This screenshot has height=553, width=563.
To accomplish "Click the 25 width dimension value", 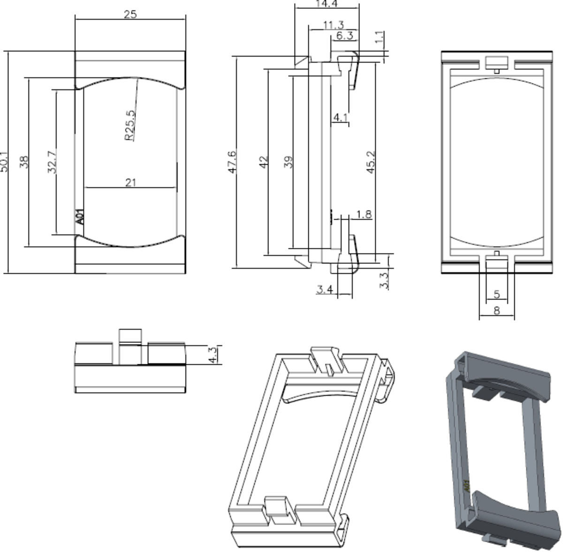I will pyautogui.click(x=130, y=14).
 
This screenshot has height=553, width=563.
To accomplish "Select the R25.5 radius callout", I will pyautogui.click(x=130, y=125).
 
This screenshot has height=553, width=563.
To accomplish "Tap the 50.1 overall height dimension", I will pyautogui.click(x=4, y=161).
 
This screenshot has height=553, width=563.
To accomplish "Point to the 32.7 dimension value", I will pyautogui.click(x=53, y=161).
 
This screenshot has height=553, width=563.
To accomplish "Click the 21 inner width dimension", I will pyautogui.click(x=130, y=182).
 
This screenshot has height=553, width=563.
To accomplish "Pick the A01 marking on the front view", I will pyautogui.click(x=80, y=216).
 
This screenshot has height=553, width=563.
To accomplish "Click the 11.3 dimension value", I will pyautogui.click(x=333, y=25).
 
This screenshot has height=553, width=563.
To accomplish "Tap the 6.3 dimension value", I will pyautogui.click(x=344, y=36).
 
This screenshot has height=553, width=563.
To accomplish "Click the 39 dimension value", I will pyautogui.click(x=289, y=162).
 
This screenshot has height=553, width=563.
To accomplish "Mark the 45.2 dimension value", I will pyautogui.click(x=371, y=162).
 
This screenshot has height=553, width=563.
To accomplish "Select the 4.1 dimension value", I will pyautogui.click(x=340, y=116).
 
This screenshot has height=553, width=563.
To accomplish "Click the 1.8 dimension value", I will pyautogui.click(x=364, y=215).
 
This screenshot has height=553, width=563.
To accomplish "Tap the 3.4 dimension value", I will pyautogui.click(x=324, y=289).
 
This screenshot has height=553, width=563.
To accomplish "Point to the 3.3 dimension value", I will pyautogui.click(x=384, y=281).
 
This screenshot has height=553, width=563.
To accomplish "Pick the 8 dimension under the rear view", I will pyautogui.click(x=497, y=310).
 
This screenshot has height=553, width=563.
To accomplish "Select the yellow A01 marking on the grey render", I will pyautogui.click(x=466, y=485).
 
